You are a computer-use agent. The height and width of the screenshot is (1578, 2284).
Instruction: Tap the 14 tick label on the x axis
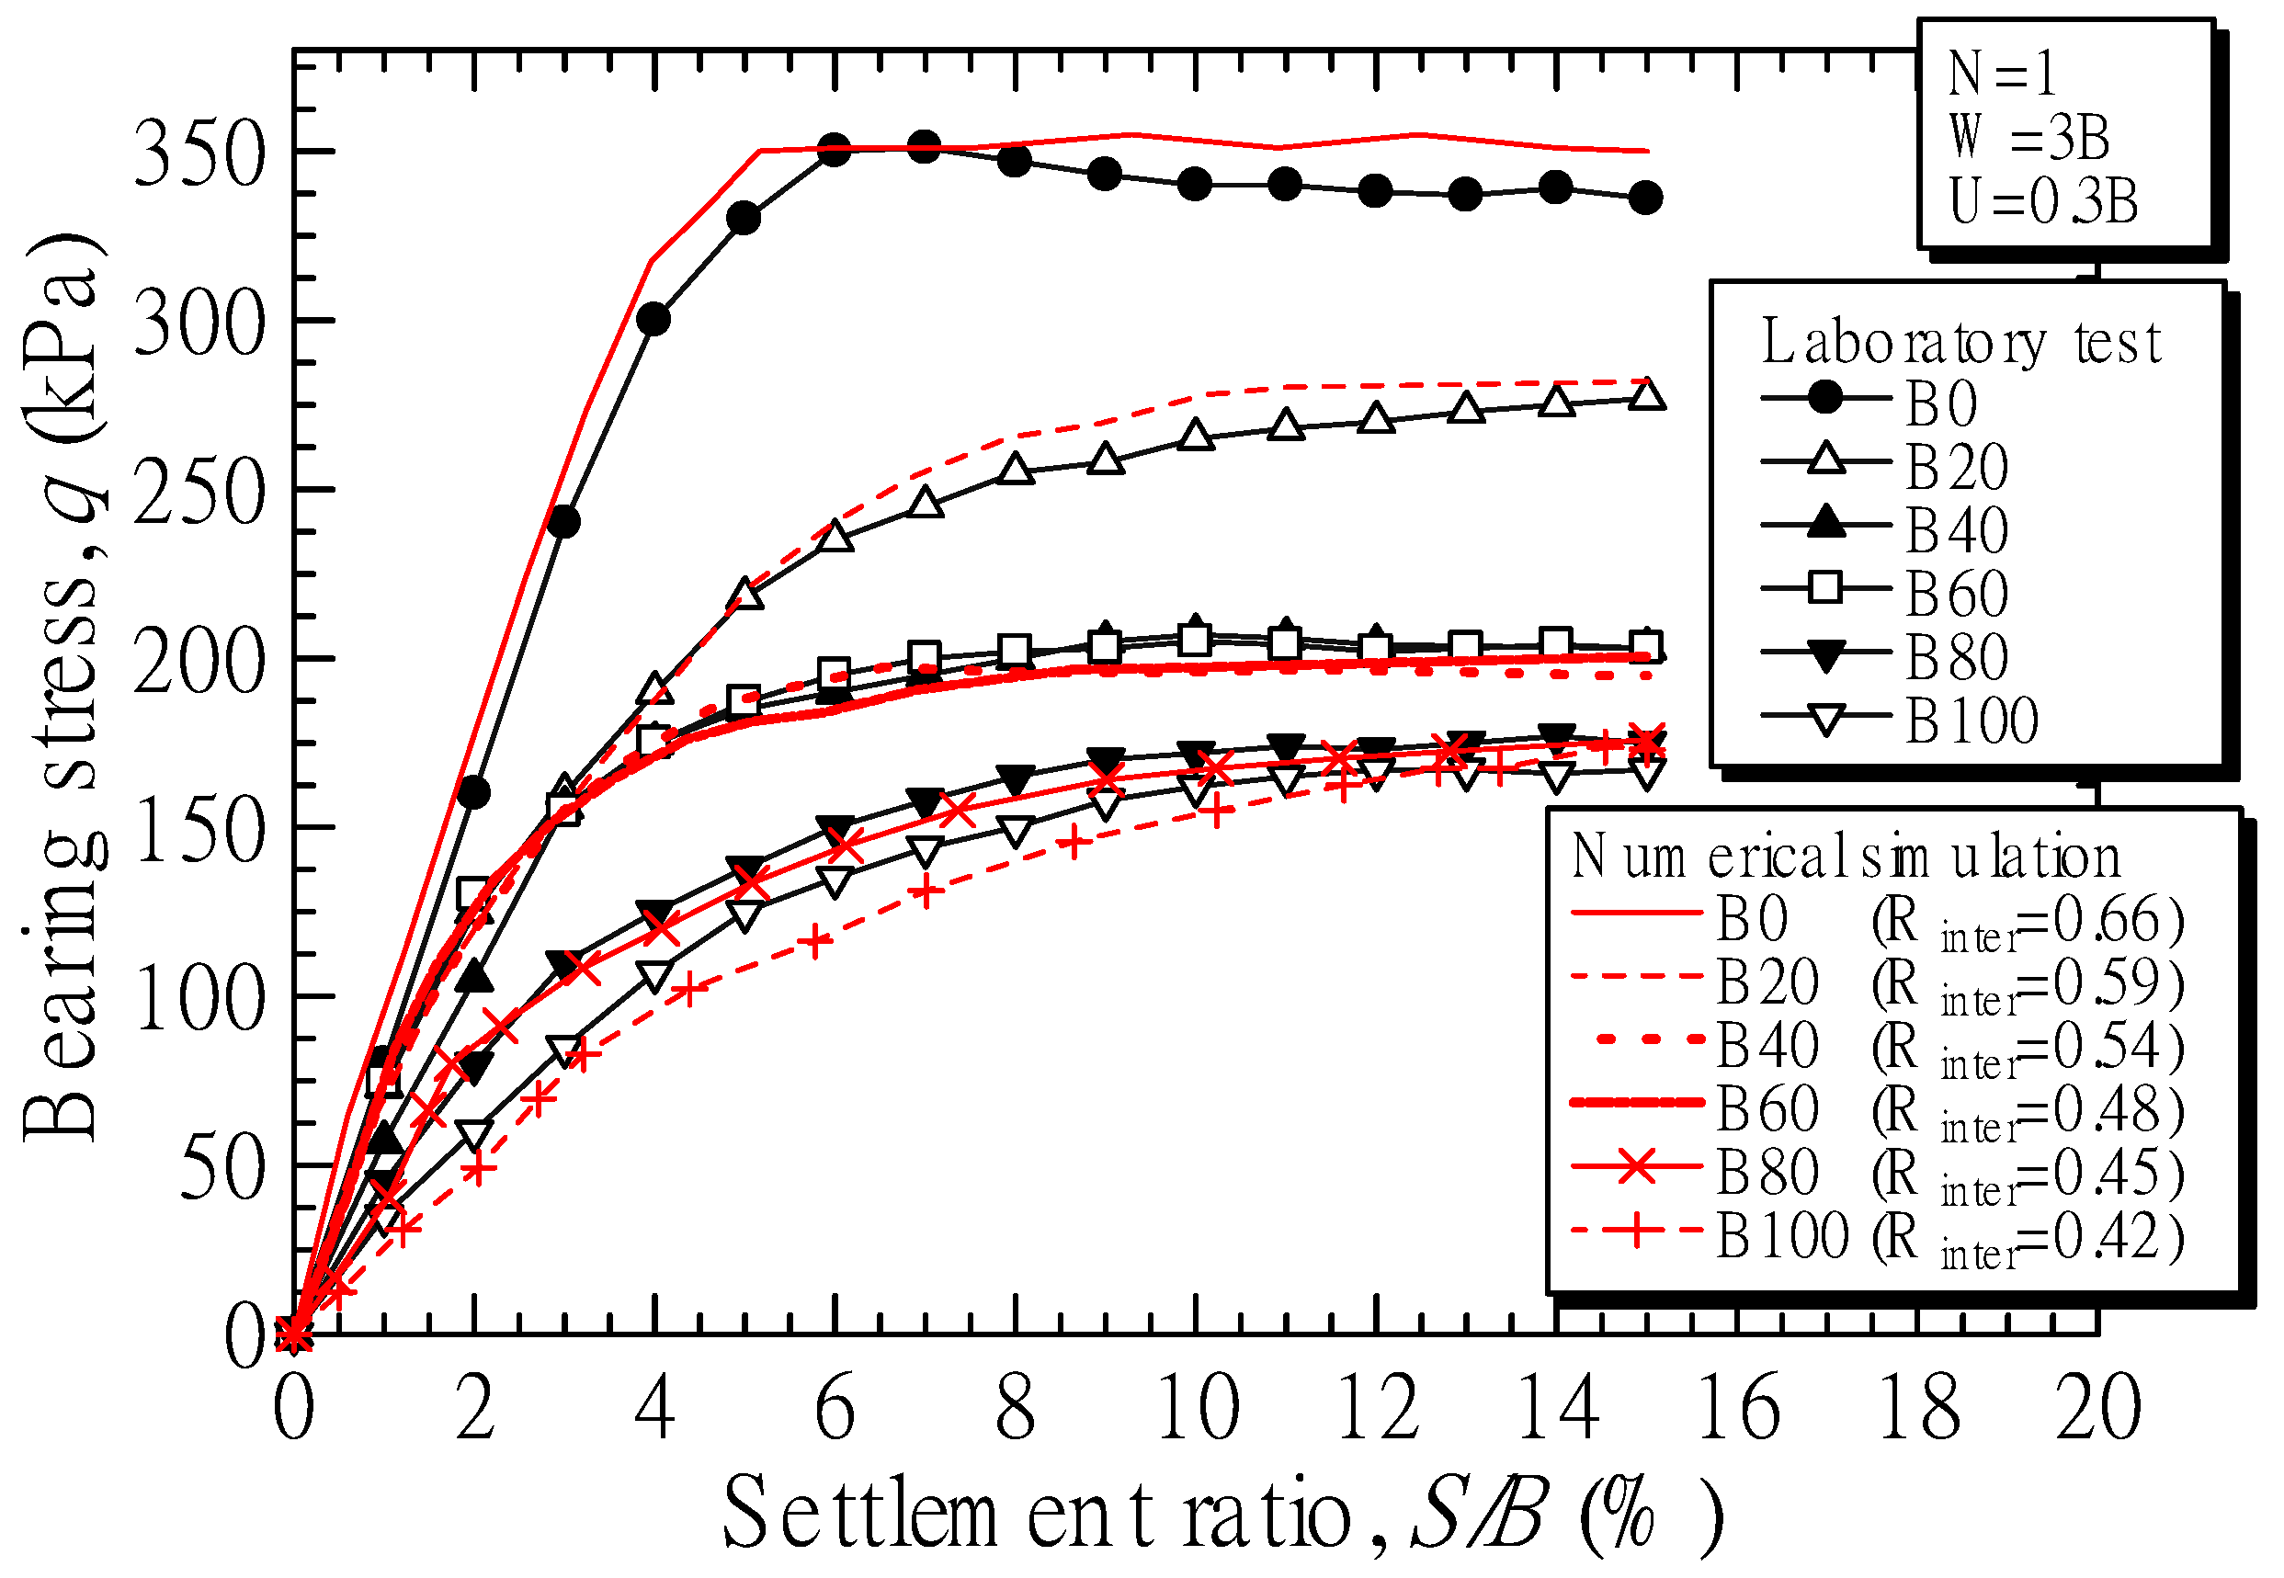point(1557,1409)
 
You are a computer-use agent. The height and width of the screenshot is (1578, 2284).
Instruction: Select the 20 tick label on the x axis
point(2097,1409)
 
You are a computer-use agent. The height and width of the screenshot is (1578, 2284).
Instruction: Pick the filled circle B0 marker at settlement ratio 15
point(1645,198)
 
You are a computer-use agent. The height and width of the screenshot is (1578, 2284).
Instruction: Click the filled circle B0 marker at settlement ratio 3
point(563,522)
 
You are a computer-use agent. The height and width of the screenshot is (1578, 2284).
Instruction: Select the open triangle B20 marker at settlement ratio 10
point(1196,436)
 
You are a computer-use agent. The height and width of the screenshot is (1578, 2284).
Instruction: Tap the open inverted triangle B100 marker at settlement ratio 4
point(654,978)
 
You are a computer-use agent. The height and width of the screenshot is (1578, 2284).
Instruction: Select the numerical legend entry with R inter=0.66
point(1879,921)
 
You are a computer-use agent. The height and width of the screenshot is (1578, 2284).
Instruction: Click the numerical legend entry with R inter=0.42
point(1879,1237)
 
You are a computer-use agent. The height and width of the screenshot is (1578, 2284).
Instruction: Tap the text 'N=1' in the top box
point(2002,74)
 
